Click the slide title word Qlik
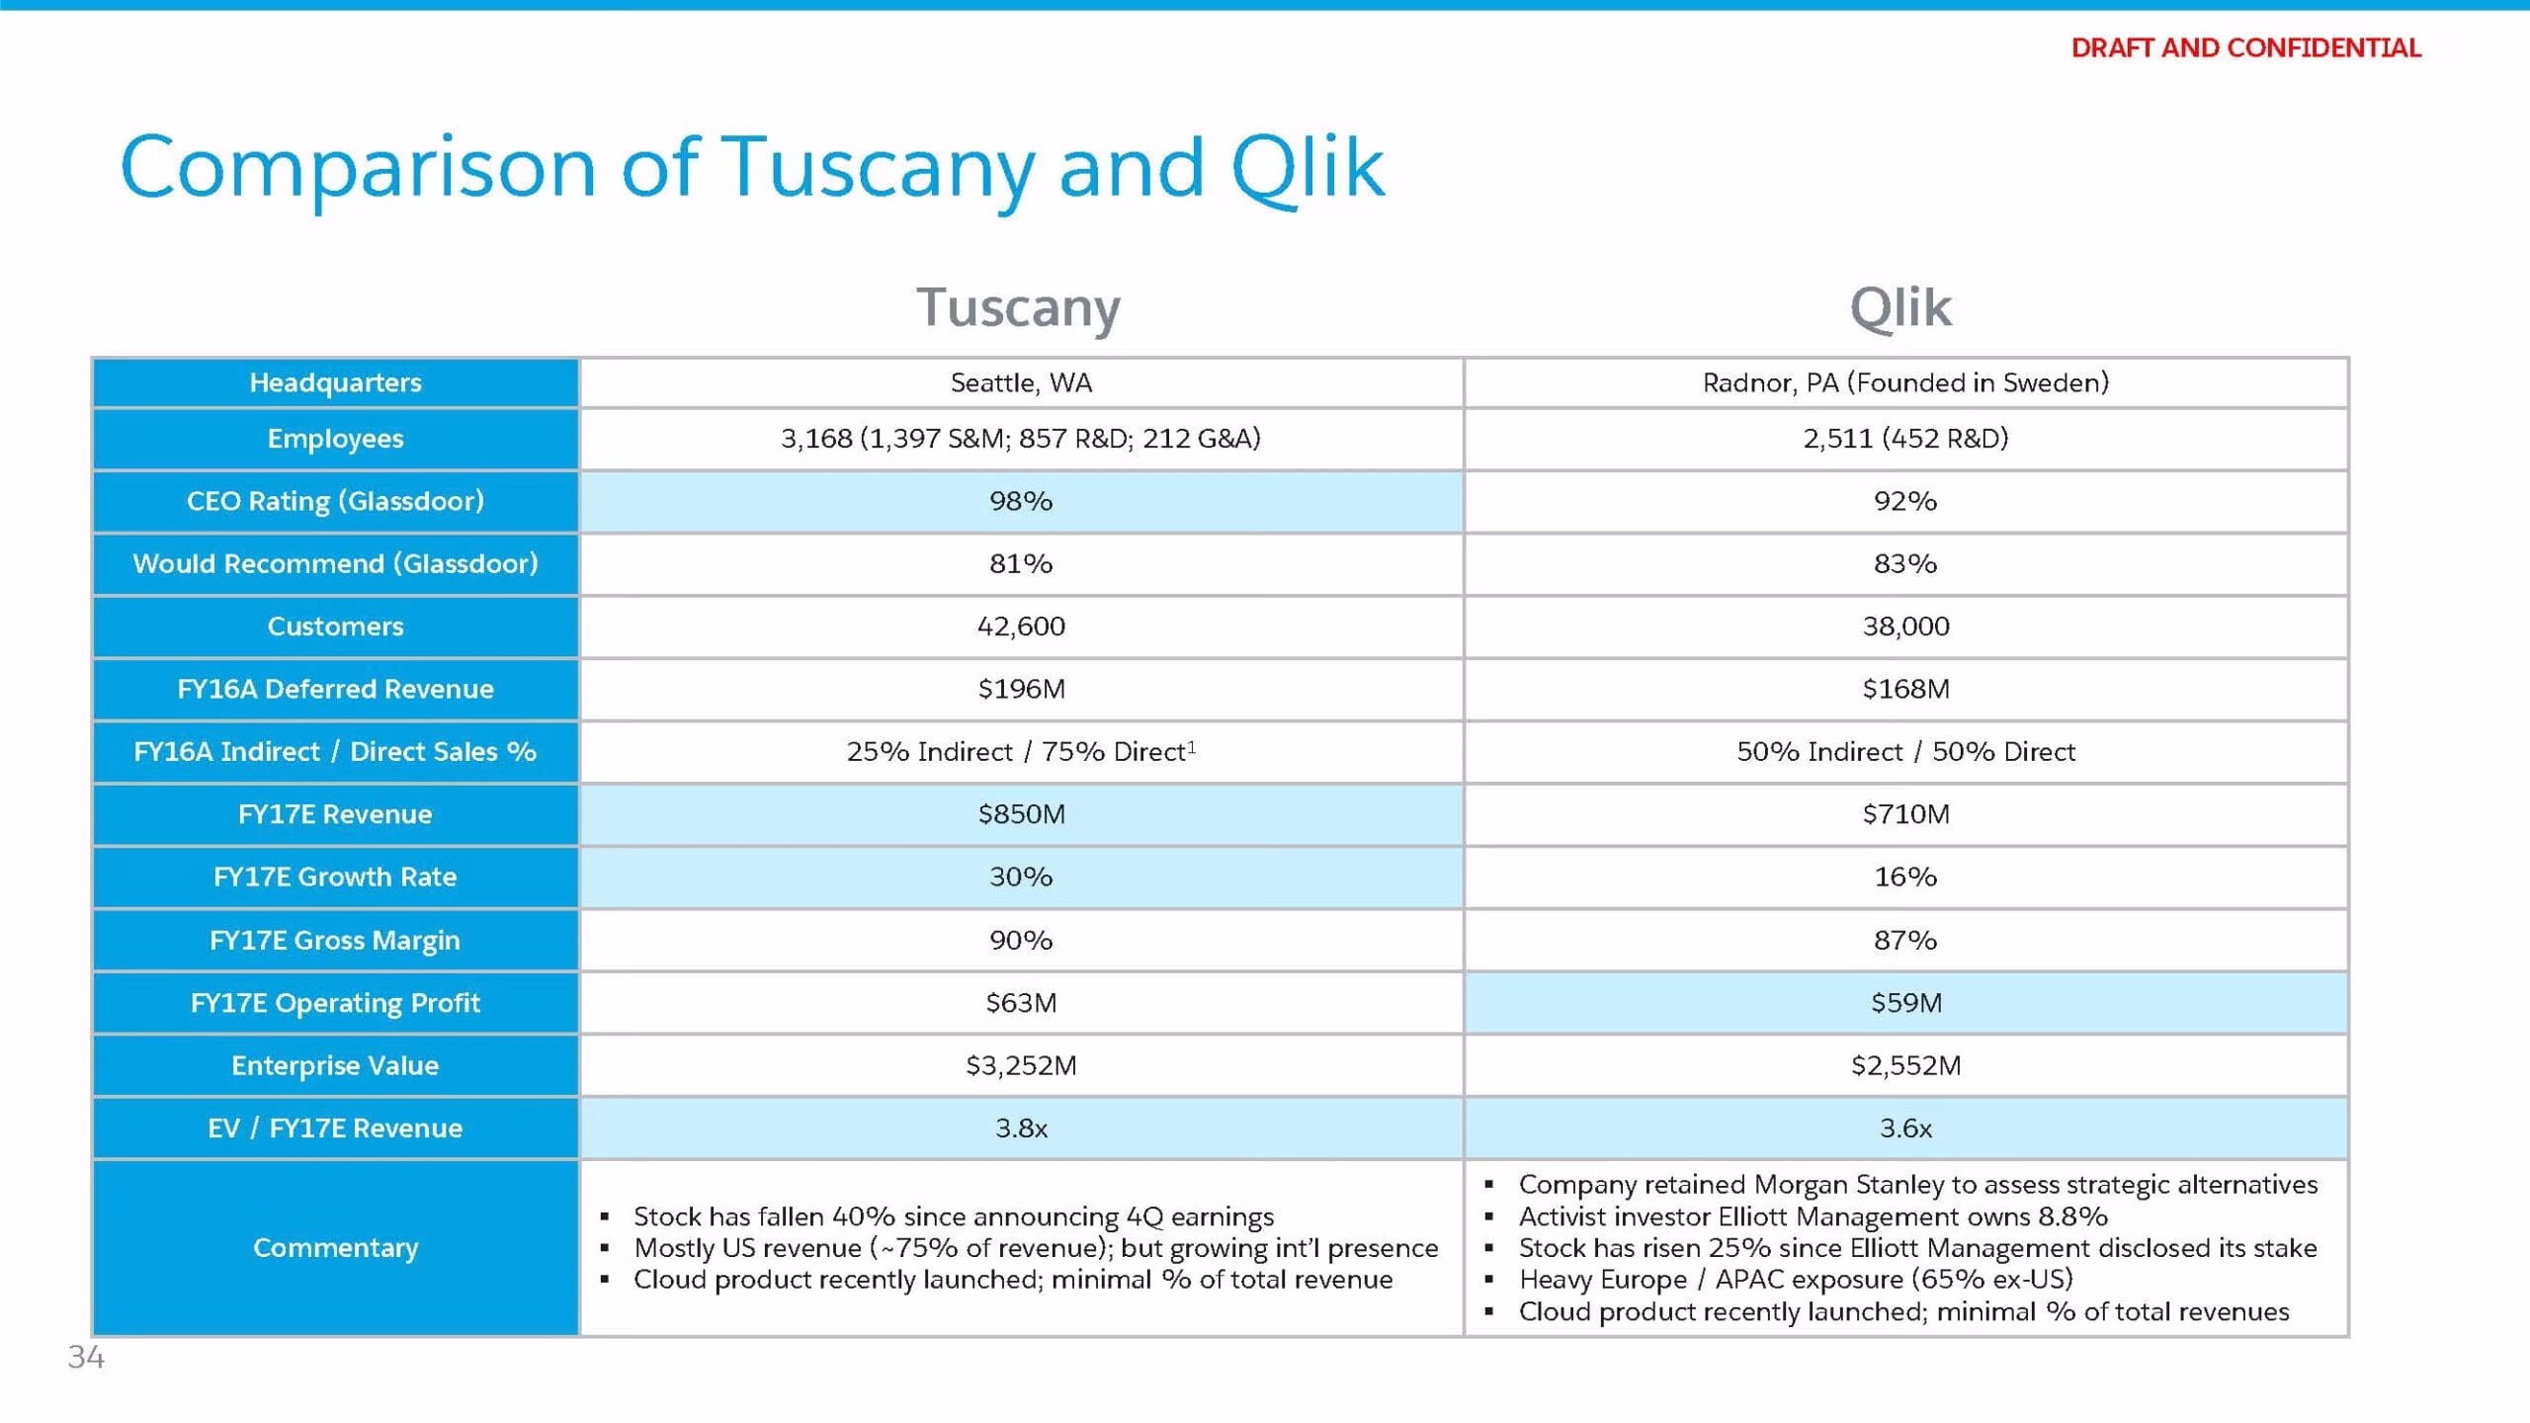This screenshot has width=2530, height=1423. pos(1307,167)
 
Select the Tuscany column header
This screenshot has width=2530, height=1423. pos(1019,307)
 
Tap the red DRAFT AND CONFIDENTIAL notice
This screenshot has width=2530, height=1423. pos(2245,47)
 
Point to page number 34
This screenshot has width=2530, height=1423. pos(86,1357)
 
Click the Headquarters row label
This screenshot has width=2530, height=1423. pos(335,382)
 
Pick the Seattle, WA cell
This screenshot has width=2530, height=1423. pos(1021,382)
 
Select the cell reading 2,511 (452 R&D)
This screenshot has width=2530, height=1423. pos(1905,438)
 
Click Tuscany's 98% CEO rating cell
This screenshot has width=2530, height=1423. pos(1021,501)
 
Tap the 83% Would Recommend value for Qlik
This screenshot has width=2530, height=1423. pos(1905,563)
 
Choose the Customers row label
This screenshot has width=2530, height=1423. pos(335,627)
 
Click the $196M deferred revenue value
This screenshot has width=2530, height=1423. pos(1021,689)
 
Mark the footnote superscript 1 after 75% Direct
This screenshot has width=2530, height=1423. pos(1191,747)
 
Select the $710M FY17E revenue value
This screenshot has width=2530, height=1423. pos(1905,814)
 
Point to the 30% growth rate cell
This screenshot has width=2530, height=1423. pos(1021,877)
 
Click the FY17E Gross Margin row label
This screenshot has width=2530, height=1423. pos(335,940)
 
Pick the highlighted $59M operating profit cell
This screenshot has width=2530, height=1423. pos(1905,1003)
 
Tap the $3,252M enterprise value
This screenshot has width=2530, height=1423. pos(1021,1065)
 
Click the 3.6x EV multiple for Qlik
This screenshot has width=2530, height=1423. pos(1905,1129)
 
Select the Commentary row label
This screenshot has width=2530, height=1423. pos(335,1248)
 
